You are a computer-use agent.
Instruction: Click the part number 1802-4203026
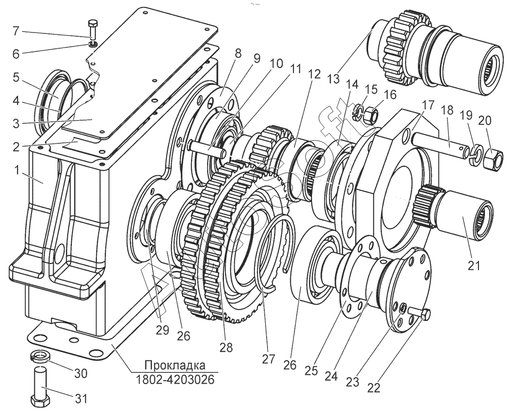(x=175, y=380)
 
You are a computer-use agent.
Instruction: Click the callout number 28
(x=227, y=347)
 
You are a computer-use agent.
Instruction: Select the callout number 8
(x=238, y=53)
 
